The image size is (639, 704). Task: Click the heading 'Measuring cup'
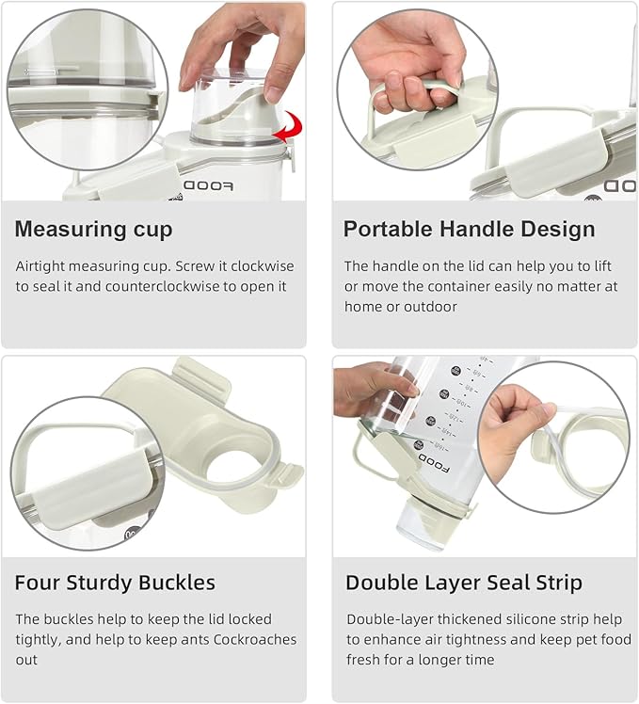pyautogui.click(x=93, y=229)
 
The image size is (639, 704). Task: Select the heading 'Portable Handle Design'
pyautogui.click(x=469, y=229)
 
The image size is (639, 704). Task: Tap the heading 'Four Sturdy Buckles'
pyautogui.click(x=115, y=583)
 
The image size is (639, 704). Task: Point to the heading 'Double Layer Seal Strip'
pyautogui.click(x=463, y=583)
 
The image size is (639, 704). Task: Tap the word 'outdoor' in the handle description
pyautogui.click(x=426, y=306)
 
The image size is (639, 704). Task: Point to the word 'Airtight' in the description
pyautogui.click(x=41, y=266)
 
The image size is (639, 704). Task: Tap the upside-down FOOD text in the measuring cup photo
pyautogui.click(x=207, y=185)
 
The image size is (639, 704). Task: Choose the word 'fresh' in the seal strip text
pyautogui.click(x=366, y=660)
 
